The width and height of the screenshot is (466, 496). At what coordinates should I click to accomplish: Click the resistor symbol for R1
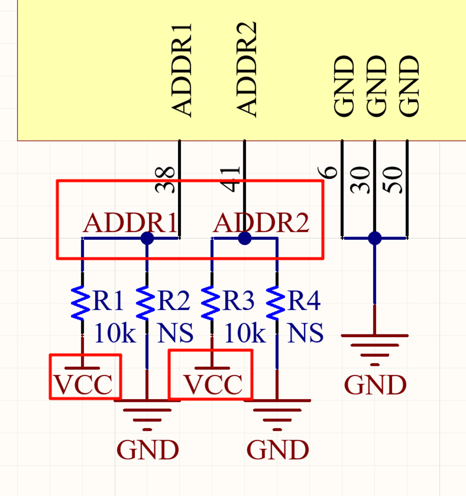pos(81,302)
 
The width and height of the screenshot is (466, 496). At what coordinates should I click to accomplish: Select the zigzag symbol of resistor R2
pos(146,302)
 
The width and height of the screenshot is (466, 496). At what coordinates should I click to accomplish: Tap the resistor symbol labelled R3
pos(211,302)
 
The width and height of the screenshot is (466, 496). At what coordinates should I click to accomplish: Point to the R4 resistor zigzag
pos(276,302)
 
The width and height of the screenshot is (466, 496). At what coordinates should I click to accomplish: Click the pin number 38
pos(165,179)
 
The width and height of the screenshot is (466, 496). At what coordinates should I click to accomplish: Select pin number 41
pos(230,179)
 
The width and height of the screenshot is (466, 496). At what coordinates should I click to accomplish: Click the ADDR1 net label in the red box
pos(130,223)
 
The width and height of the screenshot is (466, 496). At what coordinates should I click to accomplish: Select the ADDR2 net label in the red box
pos(261,223)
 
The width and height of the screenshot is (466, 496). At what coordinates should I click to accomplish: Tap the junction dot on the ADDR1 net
pos(147,238)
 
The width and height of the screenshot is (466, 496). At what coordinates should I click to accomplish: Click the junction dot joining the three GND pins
pos(375,238)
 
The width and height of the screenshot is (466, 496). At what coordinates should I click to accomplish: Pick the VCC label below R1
pos(83,384)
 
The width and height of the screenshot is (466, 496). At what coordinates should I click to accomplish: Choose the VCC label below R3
pos(214,384)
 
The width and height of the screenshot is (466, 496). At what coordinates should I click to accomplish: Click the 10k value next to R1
pos(115,333)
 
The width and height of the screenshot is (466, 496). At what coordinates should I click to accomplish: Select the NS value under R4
pos(305,333)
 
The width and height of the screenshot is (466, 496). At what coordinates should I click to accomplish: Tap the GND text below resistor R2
pos(148,450)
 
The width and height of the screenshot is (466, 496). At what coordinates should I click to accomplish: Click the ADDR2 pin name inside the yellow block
pos(247,70)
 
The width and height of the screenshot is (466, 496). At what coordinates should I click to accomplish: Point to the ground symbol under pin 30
pos(375,350)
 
